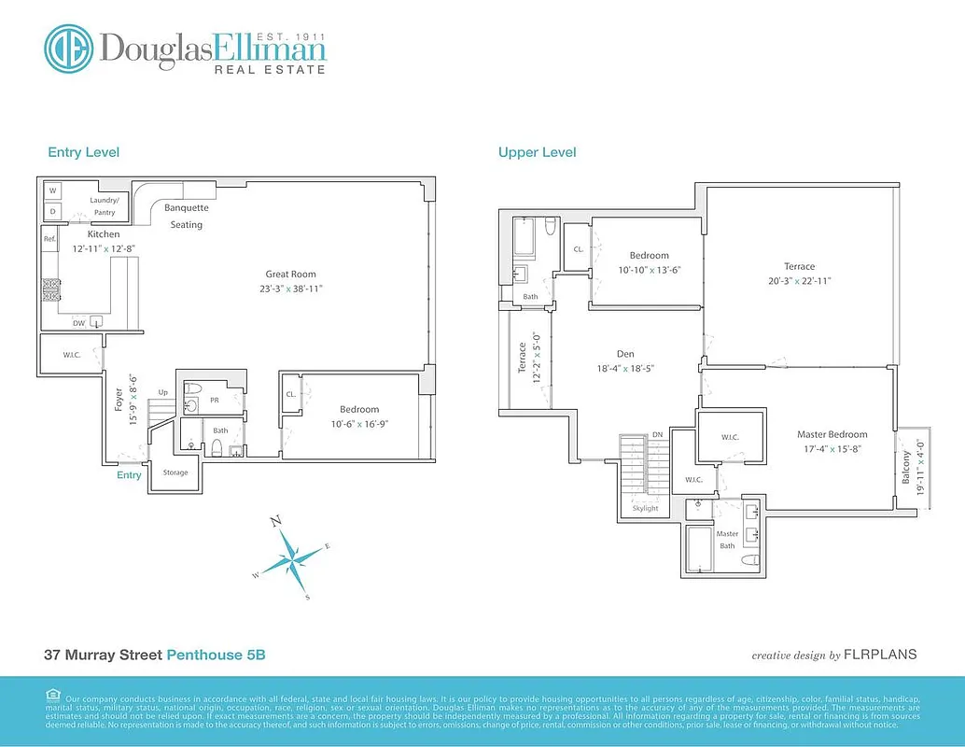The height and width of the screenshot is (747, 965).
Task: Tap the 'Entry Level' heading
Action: (84, 152)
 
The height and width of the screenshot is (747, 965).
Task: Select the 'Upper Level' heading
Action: (537, 152)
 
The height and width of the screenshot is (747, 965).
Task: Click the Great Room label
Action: (290, 275)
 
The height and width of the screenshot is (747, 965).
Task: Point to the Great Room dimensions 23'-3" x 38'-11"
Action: (290, 289)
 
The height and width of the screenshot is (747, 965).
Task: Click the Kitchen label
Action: (104, 234)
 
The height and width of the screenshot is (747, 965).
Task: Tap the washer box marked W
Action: (52, 191)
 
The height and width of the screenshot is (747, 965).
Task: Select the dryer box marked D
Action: (52, 211)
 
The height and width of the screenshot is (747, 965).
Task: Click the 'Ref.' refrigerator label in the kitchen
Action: (50, 239)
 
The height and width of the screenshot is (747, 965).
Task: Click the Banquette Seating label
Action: (186, 216)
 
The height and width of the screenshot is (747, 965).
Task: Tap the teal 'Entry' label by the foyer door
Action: (129, 475)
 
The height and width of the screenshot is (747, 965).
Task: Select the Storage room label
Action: (175, 472)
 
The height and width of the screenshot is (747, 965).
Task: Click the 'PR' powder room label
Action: (214, 399)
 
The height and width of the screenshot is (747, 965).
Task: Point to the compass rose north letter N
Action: (275, 522)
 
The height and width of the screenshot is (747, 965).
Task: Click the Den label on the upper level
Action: (625, 354)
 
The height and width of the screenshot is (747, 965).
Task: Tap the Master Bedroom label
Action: (832, 434)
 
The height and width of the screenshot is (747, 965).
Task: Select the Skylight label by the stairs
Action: (645, 508)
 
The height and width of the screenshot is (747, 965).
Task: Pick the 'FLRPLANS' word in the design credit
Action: (880, 655)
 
